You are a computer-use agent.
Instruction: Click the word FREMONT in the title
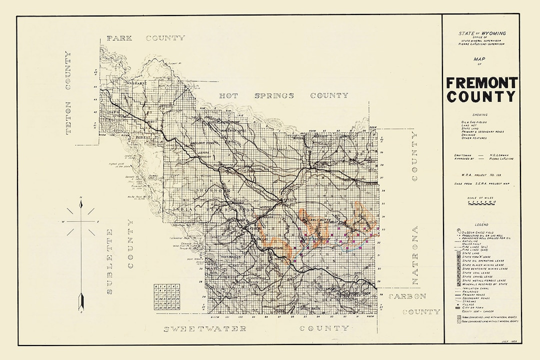(x=481, y=82)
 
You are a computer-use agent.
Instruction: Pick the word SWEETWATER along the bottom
(x=205, y=328)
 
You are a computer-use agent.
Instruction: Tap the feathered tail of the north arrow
(x=80, y=302)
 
